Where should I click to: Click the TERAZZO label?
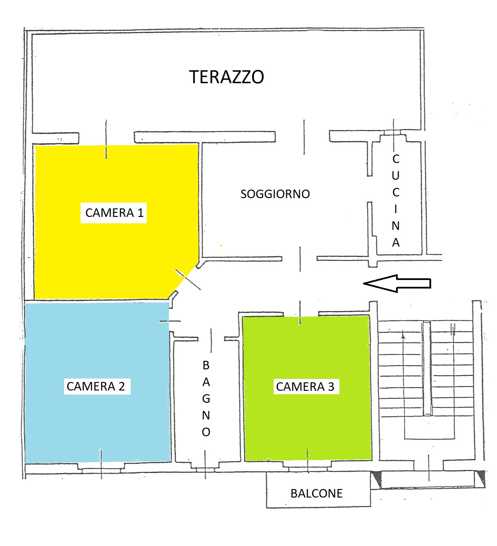(226, 77)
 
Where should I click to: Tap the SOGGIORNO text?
(275, 194)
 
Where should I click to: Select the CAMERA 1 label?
(114, 213)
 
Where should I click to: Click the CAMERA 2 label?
(96, 386)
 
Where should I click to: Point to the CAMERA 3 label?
(305, 387)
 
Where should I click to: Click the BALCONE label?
(317, 493)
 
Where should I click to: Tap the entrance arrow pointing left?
(397, 283)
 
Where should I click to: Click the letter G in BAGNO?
(206, 399)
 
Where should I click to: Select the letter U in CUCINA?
(396, 176)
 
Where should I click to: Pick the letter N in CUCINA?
(396, 226)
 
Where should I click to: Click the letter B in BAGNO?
(206, 365)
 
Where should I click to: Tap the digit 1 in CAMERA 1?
(140, 213)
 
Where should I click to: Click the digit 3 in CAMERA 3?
(331, 387)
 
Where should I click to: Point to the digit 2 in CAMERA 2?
(121, 386)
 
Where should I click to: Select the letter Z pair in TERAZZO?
(238, 77)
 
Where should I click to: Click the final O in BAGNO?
(206, 432)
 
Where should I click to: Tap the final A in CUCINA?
(396, 242)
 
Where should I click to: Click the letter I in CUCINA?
(396, 209)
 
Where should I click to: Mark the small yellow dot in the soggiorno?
(221, 245)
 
